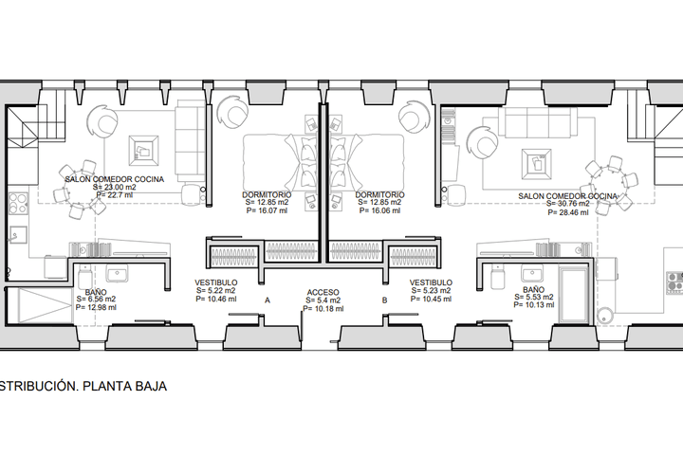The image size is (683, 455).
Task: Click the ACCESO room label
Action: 323,293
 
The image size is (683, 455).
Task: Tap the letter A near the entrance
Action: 268,300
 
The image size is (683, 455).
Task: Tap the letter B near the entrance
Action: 384,300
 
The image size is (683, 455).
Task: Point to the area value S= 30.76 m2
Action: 568,204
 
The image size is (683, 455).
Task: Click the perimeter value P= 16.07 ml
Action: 267,210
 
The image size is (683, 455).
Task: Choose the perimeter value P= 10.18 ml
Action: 323,309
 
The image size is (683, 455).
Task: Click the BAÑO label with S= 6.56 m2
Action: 96,292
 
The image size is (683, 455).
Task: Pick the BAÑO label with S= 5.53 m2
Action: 533,289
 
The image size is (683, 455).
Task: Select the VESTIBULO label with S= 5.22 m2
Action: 216,282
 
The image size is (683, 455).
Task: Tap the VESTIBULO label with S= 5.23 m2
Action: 431,282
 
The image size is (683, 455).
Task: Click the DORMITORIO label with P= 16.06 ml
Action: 379,194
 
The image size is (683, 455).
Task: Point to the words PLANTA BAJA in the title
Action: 124,386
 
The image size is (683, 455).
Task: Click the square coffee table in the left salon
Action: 143,151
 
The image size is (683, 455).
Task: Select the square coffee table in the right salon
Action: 537,164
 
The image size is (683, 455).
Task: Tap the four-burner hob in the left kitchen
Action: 18,204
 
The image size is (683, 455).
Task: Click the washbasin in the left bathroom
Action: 117,274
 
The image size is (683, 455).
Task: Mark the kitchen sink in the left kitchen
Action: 18,235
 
